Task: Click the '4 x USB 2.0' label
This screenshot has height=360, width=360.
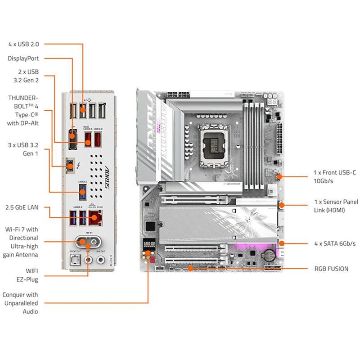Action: point(23,44)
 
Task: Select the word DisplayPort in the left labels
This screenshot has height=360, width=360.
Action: point(23,58)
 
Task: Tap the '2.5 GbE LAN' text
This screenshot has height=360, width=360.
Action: point(22,207)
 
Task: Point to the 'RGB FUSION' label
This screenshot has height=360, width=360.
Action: point(331,269)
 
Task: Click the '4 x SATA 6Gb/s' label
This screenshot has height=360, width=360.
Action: point(334,243)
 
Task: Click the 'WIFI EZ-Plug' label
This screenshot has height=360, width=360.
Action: point(26,275)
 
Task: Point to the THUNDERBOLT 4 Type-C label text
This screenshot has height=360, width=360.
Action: point(23,110)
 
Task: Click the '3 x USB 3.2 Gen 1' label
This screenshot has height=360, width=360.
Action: point(24,149)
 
